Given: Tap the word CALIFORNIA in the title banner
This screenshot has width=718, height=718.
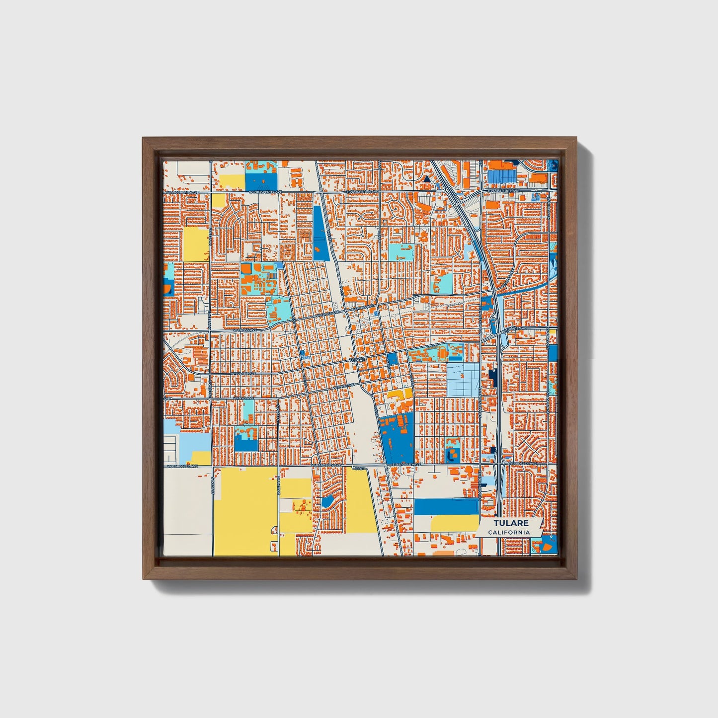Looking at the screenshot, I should pyautogui.click(x=509, y=532).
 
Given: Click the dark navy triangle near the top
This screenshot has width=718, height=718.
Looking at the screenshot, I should pyautogui.click(x=426, y=179).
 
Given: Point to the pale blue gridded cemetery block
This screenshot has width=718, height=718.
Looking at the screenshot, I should pyautogui.click(x=463, y=379).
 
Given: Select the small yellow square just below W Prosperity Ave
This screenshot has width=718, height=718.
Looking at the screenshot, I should pyautogui.click(x=218, y=200).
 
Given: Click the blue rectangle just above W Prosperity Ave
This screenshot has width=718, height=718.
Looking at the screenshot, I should pyautogui.click(x=261, y=181).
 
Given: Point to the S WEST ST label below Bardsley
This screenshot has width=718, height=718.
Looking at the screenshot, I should pyautogui.click(x=213, y=487).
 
